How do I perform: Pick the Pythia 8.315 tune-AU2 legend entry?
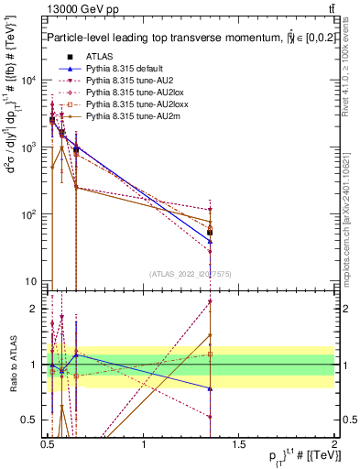click(x=128, y=81)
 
